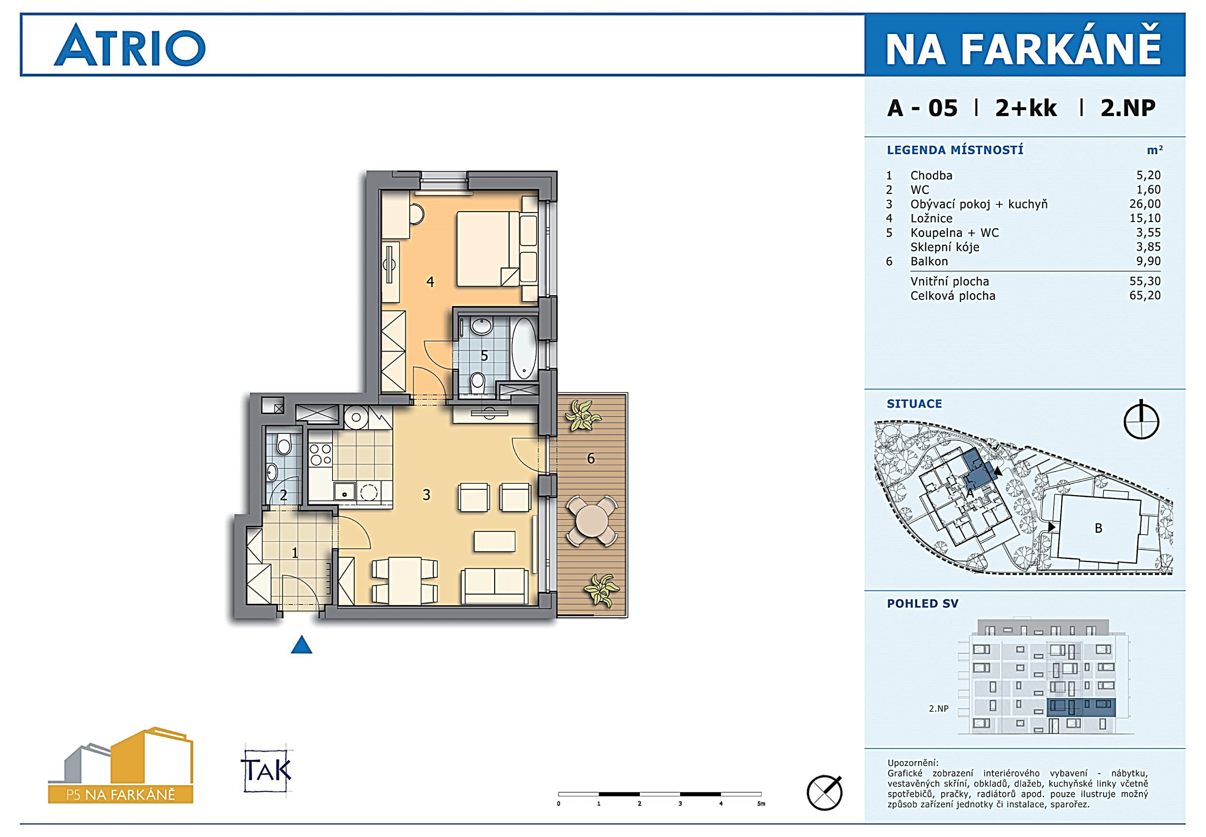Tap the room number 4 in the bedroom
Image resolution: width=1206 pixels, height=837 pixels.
click(430, 282)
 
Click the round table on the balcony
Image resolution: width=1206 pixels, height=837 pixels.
click(592, 521)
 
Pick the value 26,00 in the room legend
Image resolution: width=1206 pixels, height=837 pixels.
click(1145, 204)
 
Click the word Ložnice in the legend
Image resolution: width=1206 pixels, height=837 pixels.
click(931, 218)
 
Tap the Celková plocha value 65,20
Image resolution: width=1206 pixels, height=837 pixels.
click(1145, 295)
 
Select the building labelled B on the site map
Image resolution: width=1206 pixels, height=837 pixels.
click(1099, 529)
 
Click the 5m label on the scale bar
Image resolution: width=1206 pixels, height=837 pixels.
click(761, 803)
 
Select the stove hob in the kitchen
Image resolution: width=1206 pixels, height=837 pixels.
click(320, 455)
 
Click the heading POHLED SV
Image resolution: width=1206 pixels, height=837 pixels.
click(922, 604)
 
